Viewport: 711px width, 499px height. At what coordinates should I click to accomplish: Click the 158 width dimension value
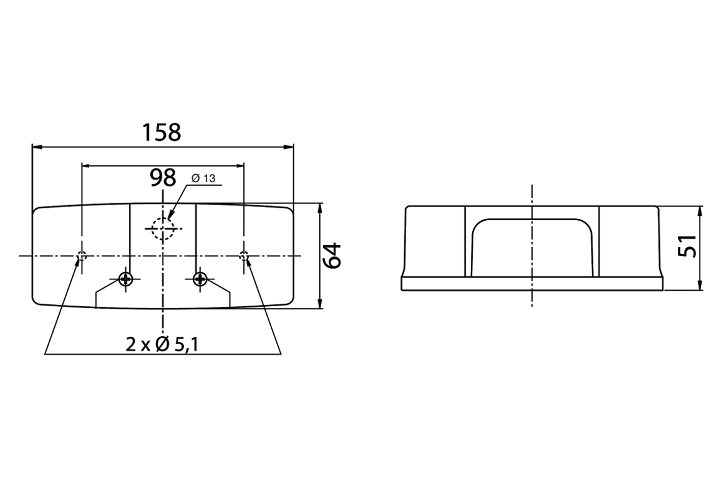162,132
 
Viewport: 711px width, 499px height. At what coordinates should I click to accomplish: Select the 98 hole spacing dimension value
163,178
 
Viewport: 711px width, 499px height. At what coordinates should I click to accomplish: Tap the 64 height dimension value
333,256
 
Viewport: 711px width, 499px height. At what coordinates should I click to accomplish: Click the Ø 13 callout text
203,178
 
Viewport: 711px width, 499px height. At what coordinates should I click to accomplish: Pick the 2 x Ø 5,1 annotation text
162,345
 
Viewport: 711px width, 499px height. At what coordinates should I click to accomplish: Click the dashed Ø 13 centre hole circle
163,228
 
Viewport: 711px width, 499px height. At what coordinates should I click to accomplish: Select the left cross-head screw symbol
125,279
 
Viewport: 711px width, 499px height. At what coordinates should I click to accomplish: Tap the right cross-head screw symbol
200,279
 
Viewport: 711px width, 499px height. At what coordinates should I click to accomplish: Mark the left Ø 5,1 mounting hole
82,256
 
